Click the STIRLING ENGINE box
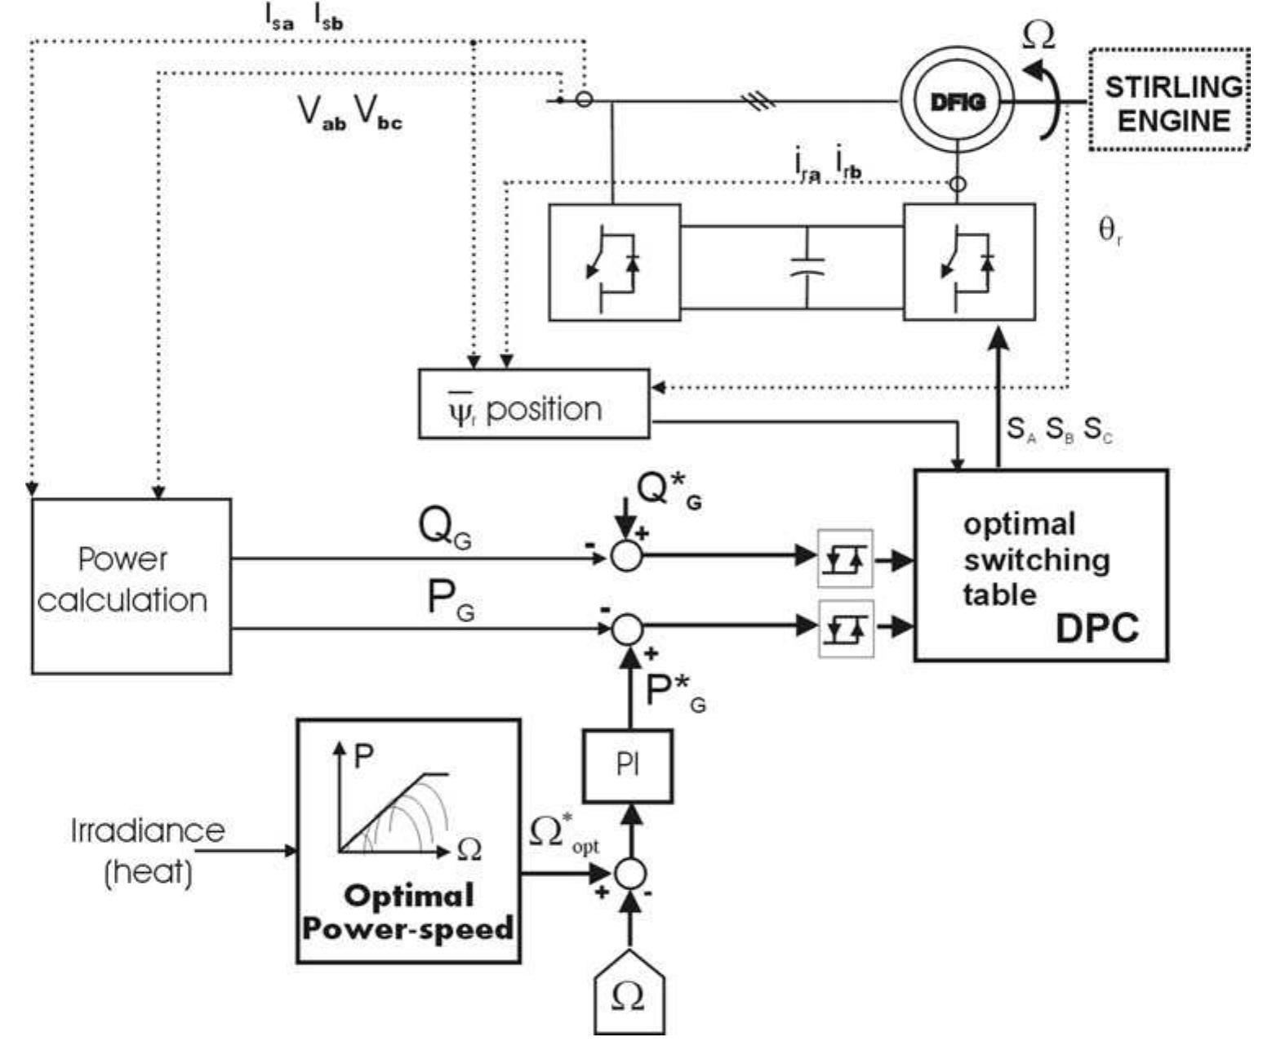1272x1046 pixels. tap(1168, 100)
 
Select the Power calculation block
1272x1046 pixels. tap(131, 585)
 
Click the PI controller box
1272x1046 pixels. tap(627, 766)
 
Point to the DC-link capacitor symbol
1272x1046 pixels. tap(807, 267)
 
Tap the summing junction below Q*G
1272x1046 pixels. tap(626, 556)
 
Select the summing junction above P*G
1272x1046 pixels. tap(626, 628)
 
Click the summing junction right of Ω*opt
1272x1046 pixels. tap(629, 873)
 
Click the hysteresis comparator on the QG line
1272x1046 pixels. tap(845, 559)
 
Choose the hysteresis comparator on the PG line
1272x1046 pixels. tap(845, 628)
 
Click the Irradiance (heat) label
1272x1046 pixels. tap(148, 851)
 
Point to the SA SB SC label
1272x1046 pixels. tap(1058, 430)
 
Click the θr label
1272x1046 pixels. tap(1110, 232)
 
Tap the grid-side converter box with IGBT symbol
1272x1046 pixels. tap(614, 262)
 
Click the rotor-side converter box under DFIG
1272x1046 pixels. tap(968, 262)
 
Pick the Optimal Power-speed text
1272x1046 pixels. tap(407, 912)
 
